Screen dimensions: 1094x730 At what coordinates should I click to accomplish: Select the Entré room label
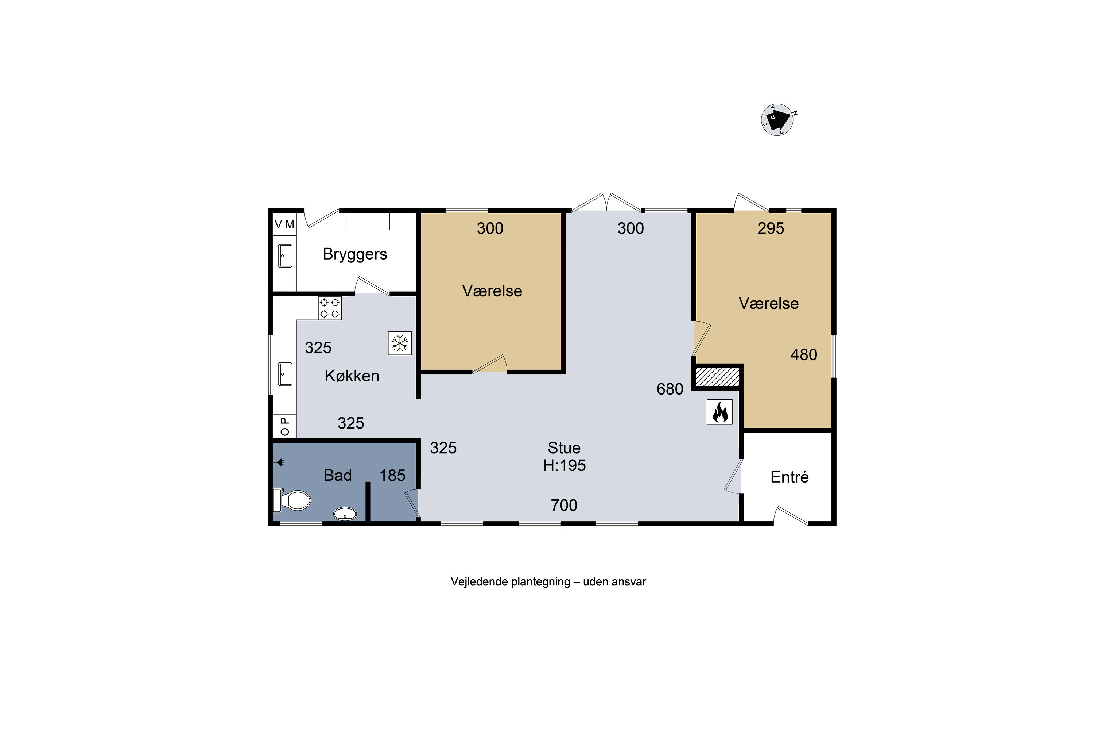(x=790, y=477)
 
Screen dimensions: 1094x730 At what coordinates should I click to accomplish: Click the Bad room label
(x=338, y=475)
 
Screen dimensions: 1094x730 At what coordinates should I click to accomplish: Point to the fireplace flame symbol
(x=719, y=412)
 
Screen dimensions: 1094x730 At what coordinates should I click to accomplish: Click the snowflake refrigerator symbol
(x=400, y=343)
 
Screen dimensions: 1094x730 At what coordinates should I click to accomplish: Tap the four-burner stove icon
(x=329, y=308)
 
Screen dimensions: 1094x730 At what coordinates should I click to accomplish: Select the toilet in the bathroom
(x=292, y=500)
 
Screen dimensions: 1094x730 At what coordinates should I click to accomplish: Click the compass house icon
(x=777, y=120)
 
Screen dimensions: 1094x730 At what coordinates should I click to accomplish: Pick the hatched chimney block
(x=717, y=377)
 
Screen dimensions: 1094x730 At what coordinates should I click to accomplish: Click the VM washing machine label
(x=284, y=224)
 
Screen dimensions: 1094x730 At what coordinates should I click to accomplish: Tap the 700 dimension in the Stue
(x=564, y=505)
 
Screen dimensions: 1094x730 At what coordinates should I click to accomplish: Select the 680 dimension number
(x=670, y=389)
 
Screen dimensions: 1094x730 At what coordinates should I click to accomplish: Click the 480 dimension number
(x=804, y=355)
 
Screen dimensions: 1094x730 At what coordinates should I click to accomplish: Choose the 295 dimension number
(x=771, y=228)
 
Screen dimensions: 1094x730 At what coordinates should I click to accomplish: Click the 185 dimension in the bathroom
(x=393, y=475)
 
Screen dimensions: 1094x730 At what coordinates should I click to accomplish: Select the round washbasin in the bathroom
(x=345, y=514)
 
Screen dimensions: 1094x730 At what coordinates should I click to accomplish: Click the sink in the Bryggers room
(x=285, y=255)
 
